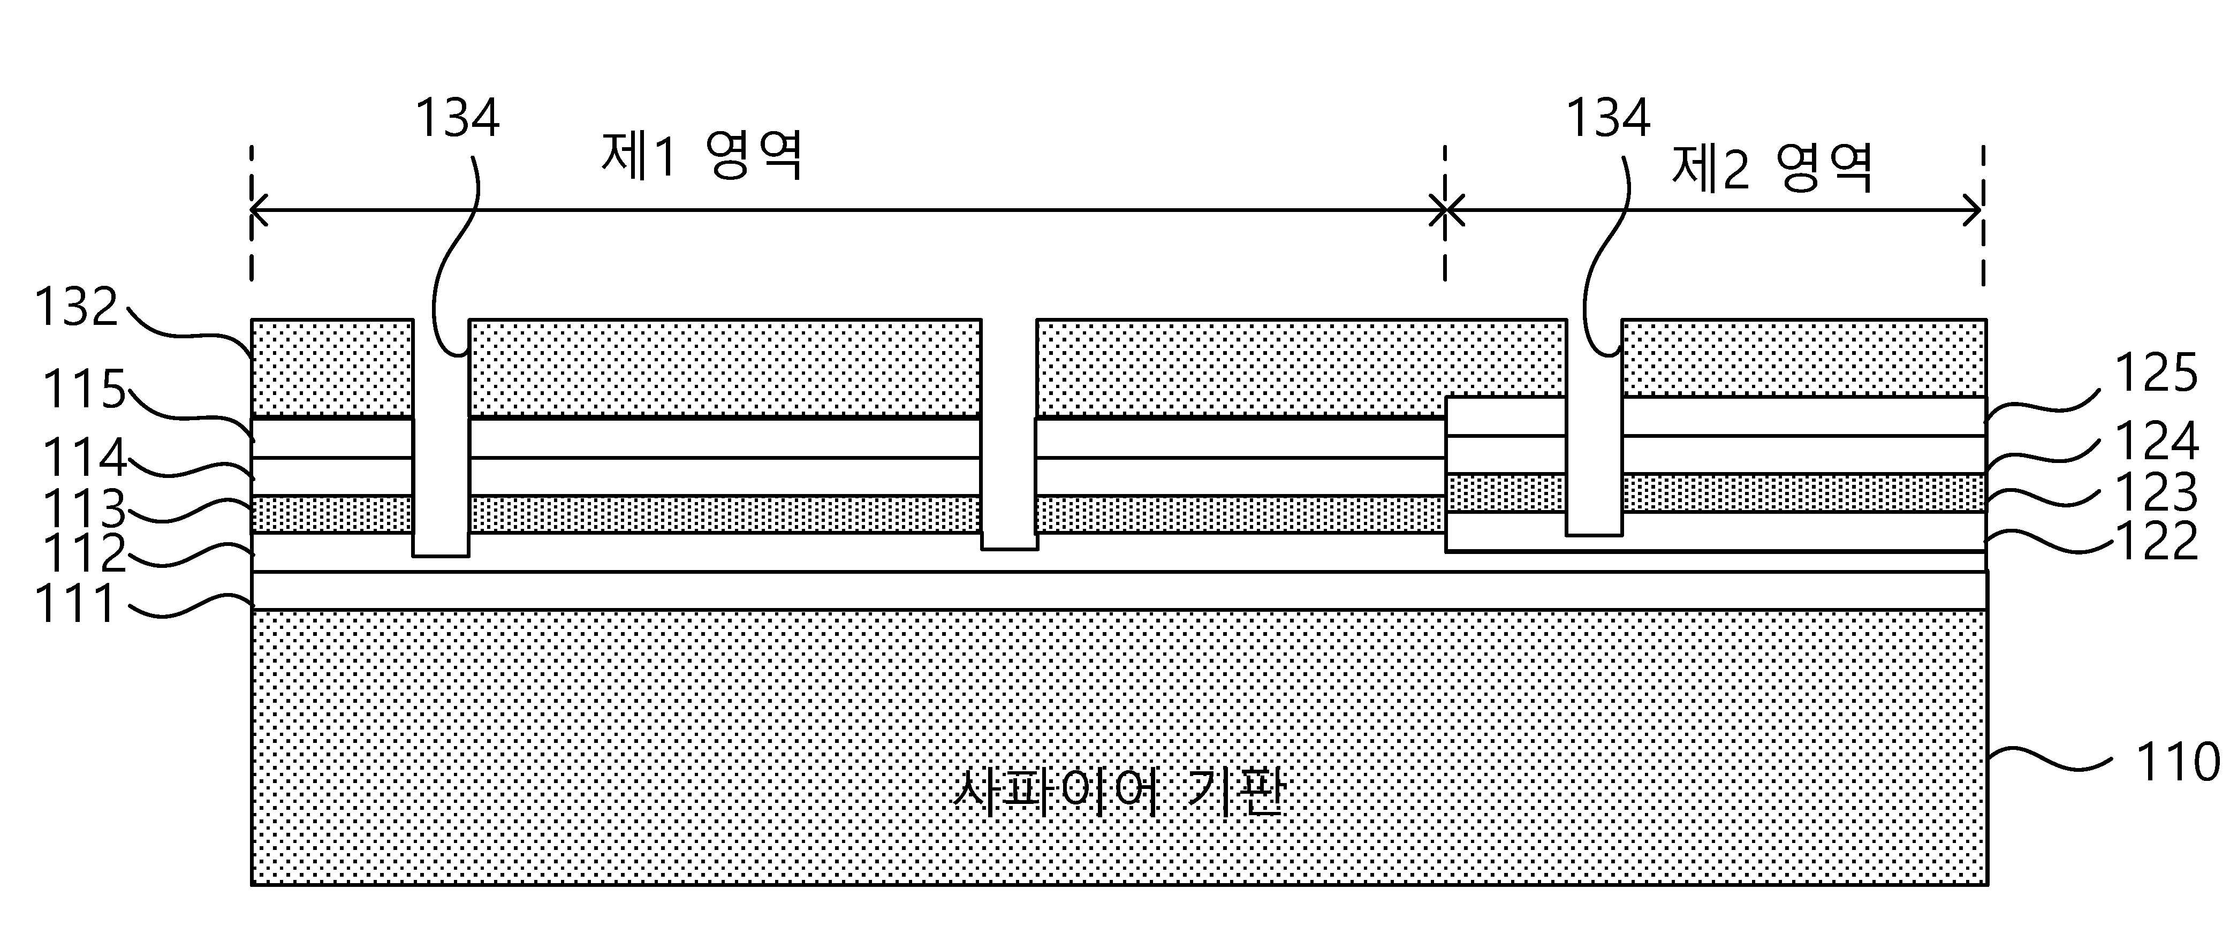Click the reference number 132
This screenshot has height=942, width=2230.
pyautogui.click(x=76, y=307)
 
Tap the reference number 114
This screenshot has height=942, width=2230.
pyautogui.click(x=84, y=458)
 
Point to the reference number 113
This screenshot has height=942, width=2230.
pyautogui.click(x=84, y=509)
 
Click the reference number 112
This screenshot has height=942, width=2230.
pyautogui.click(x=84, y=554)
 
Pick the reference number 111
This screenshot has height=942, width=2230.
pyautogui.click(x=75, y=604)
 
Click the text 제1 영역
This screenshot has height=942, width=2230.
pyautogui.click(x=703, y=156)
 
